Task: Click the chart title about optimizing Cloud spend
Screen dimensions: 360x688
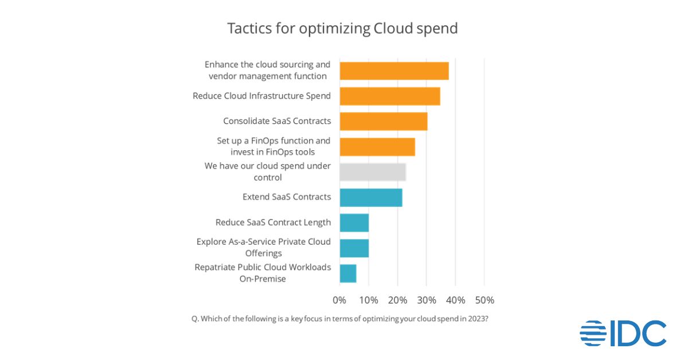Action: coord(342,29)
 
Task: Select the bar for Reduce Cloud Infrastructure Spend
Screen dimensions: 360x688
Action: coord(390,96)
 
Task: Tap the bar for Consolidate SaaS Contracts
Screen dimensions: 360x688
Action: coord(384,122)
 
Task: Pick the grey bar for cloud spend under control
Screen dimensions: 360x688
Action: coord(373,172)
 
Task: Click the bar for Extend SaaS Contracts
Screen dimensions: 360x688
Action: coord(371,197)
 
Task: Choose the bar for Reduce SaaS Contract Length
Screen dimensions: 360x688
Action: coord(354,222)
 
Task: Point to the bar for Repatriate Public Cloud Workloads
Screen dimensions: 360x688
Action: coord(348,273)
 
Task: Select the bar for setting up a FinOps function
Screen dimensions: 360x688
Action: coord(377,147)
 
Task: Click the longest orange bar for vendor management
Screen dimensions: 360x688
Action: coord(394,71)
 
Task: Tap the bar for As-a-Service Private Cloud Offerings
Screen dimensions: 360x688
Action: coord(354,248)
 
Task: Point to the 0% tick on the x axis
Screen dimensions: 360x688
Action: coord(339,300)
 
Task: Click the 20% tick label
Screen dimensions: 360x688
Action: coord(397,300)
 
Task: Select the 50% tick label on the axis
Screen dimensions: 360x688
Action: coord(484,300)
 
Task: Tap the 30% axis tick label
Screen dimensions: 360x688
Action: coord(427,300)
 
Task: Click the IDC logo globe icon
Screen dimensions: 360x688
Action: coord(593,334)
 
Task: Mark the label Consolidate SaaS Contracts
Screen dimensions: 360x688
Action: coord(277,121)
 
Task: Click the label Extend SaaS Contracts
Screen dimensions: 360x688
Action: coord(287,197)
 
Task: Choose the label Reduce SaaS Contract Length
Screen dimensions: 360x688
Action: coord(273,222)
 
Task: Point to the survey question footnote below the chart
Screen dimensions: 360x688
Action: coord(339,319)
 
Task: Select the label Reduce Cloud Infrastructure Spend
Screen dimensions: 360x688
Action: coord(261,96)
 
